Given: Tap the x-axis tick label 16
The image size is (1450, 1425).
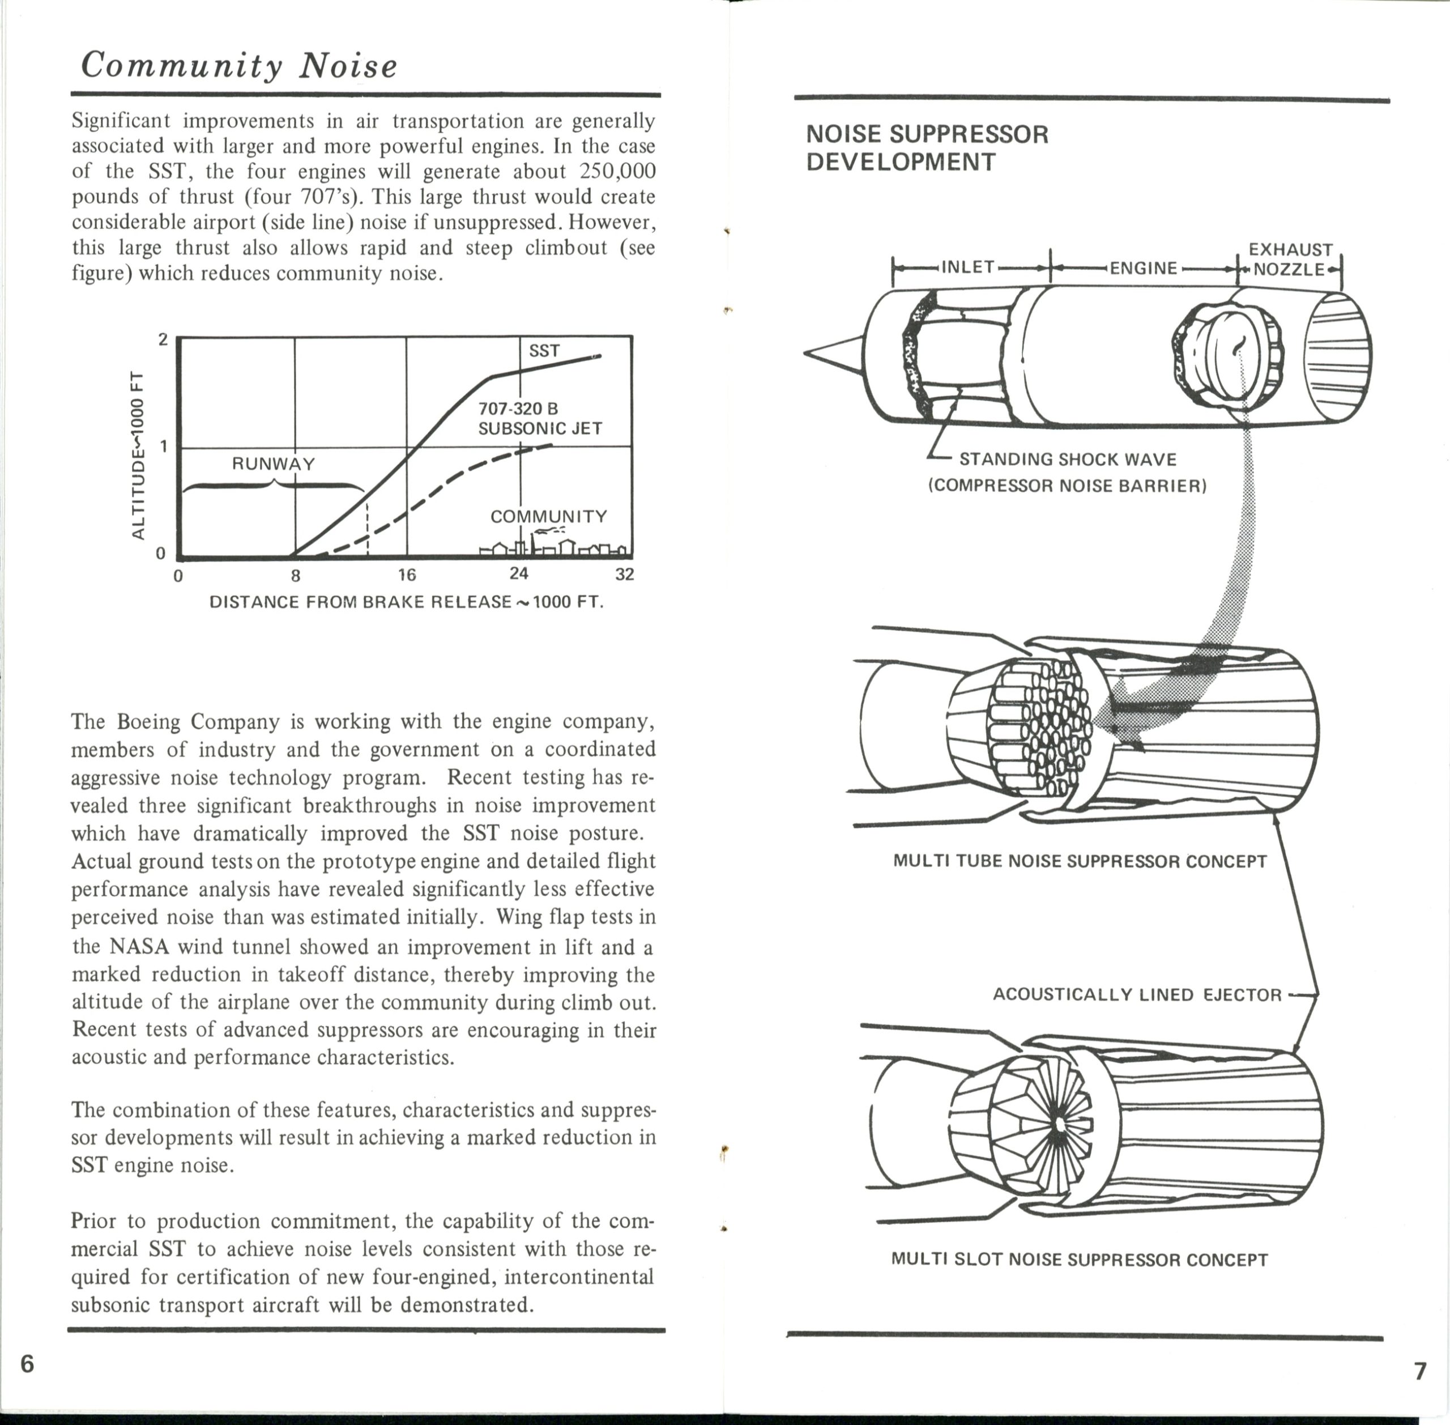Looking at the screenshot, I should (x=406, y=575).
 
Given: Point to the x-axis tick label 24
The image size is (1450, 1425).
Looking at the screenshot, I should (x=518, y=573).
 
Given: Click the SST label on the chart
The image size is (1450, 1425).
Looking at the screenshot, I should (x=544, y=350).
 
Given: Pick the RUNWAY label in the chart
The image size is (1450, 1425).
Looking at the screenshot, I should (x=273, y=464).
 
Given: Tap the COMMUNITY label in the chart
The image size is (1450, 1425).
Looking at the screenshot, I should (x=548, y=516).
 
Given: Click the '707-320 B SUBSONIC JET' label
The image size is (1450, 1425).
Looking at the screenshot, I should (x=539, y=418).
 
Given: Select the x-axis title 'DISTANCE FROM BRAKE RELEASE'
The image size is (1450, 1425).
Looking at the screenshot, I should (x=406, y=602).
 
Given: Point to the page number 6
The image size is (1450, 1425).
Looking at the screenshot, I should (x=27, y=1364).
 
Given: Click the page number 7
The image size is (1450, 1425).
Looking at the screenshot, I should (x=1420, y=1371).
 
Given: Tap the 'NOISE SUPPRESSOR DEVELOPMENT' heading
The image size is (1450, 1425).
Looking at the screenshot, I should (x=927, y=147).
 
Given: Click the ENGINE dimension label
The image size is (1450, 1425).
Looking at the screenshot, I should (x=1143, y=268).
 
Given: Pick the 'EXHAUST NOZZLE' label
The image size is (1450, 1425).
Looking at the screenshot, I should (x=1290, y=259).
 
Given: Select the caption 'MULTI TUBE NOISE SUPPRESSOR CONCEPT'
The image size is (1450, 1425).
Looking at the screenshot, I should (x=1080, y=861).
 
